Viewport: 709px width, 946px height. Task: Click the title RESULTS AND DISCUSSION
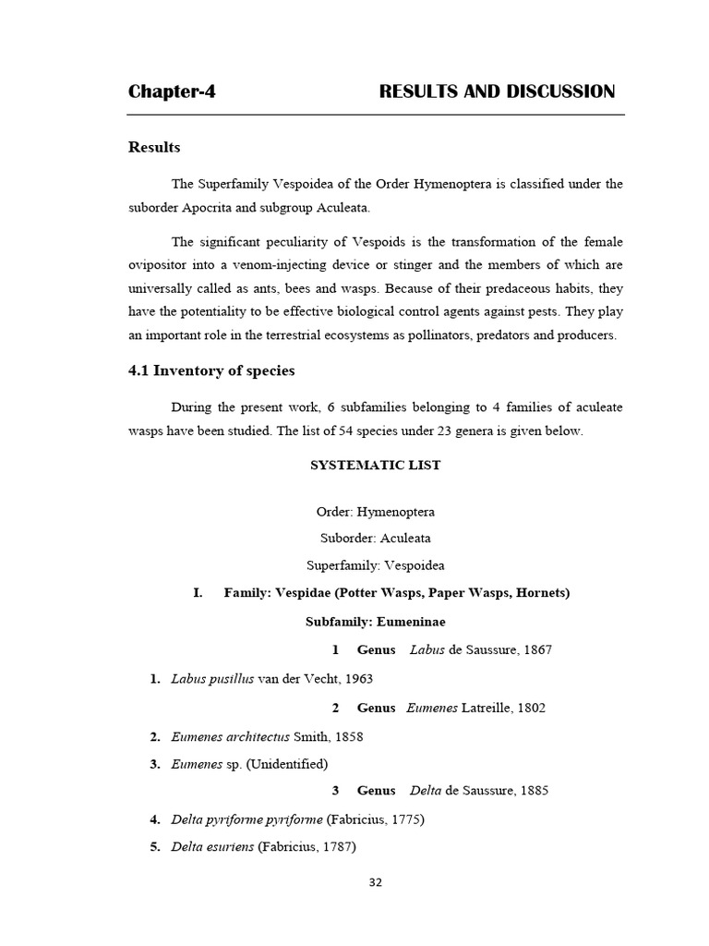pyautogui.click(x=497, y=91)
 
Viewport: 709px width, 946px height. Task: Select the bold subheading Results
pyautogui.click(x=154, y=148)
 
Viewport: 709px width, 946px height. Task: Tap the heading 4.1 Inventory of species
pyautogui.click(x=211, y=371)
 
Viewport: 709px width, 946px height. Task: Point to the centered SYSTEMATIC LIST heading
pyautogui.click(x=375, y=466)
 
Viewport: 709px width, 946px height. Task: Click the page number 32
pyautogui.click(x=375, y=882)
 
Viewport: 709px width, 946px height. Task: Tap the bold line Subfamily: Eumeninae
pyautogui.click(x=375, y=622)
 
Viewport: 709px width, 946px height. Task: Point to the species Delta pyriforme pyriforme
pyautogui.click(x=246, y=819)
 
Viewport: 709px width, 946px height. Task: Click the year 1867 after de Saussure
pyautogui.click(x=536, y=649)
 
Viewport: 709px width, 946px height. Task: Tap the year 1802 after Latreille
pyautogui.click(x=530, y=708)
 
